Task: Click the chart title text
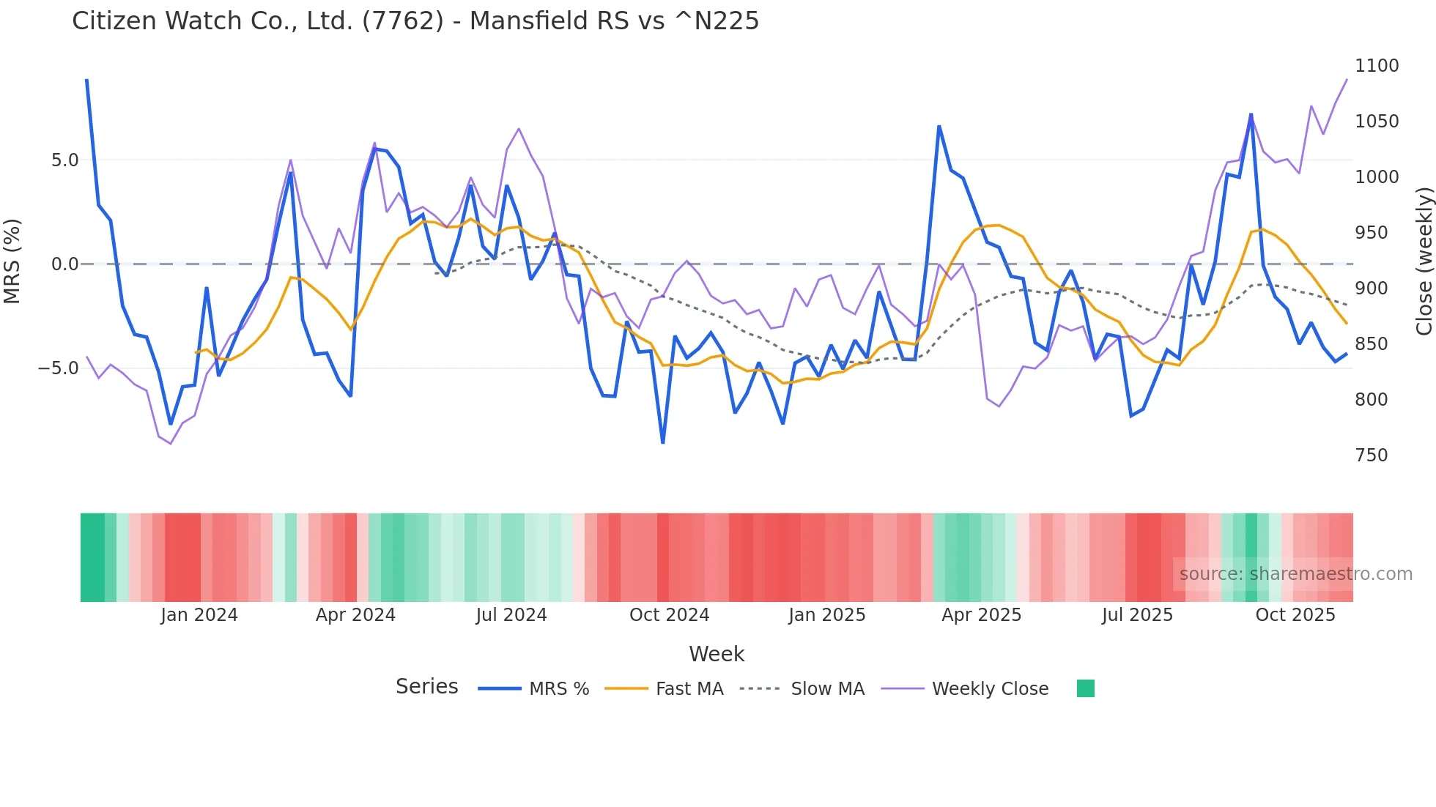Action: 415,21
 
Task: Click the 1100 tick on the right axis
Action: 1377,66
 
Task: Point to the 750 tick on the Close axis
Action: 1371,455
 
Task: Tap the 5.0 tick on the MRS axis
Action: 64,160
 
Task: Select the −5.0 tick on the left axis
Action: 58,368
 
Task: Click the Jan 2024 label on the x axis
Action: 199,615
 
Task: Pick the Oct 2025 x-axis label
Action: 1295,615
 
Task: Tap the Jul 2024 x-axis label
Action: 511,615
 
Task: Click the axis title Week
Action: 717,654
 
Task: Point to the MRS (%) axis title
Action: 12,261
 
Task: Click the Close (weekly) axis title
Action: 1424,261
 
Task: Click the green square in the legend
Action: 1085,688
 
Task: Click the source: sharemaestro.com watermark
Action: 1295,574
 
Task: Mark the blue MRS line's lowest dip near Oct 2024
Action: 663,442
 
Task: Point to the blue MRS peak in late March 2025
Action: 939,127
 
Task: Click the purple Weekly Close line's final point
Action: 1347,80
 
